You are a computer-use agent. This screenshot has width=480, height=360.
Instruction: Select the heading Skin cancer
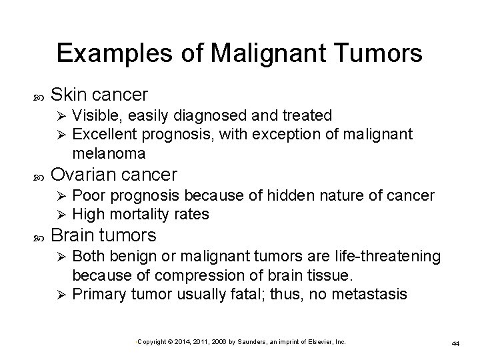point(99,93)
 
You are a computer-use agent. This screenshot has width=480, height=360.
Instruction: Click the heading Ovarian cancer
point(113,175)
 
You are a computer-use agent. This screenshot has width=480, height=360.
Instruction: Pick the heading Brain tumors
point(103,235)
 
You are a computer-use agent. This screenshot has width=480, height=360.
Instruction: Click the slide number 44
point(456,343)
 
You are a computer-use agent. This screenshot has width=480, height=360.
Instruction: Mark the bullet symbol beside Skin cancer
point(36,94)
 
